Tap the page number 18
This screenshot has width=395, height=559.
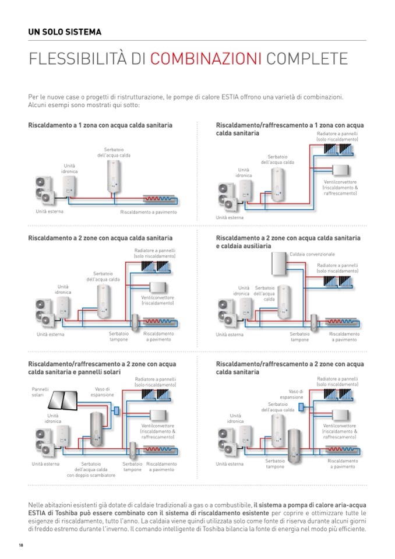coord(21,545)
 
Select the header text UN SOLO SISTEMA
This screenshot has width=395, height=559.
coord(64,32)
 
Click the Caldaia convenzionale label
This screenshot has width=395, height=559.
coord(312,255)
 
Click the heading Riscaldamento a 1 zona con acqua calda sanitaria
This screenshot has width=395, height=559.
coord(100,125)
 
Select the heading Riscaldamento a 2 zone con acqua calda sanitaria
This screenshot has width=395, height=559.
coord(100,238)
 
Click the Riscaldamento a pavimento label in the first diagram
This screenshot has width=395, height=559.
coord(148,212)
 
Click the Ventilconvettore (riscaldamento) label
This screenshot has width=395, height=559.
coord(157,301)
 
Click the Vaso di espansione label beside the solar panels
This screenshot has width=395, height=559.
coord(102,392)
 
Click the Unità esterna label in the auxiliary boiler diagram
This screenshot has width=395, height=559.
coord(229,335)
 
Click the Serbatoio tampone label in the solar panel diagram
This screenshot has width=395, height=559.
coord(132,466)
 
